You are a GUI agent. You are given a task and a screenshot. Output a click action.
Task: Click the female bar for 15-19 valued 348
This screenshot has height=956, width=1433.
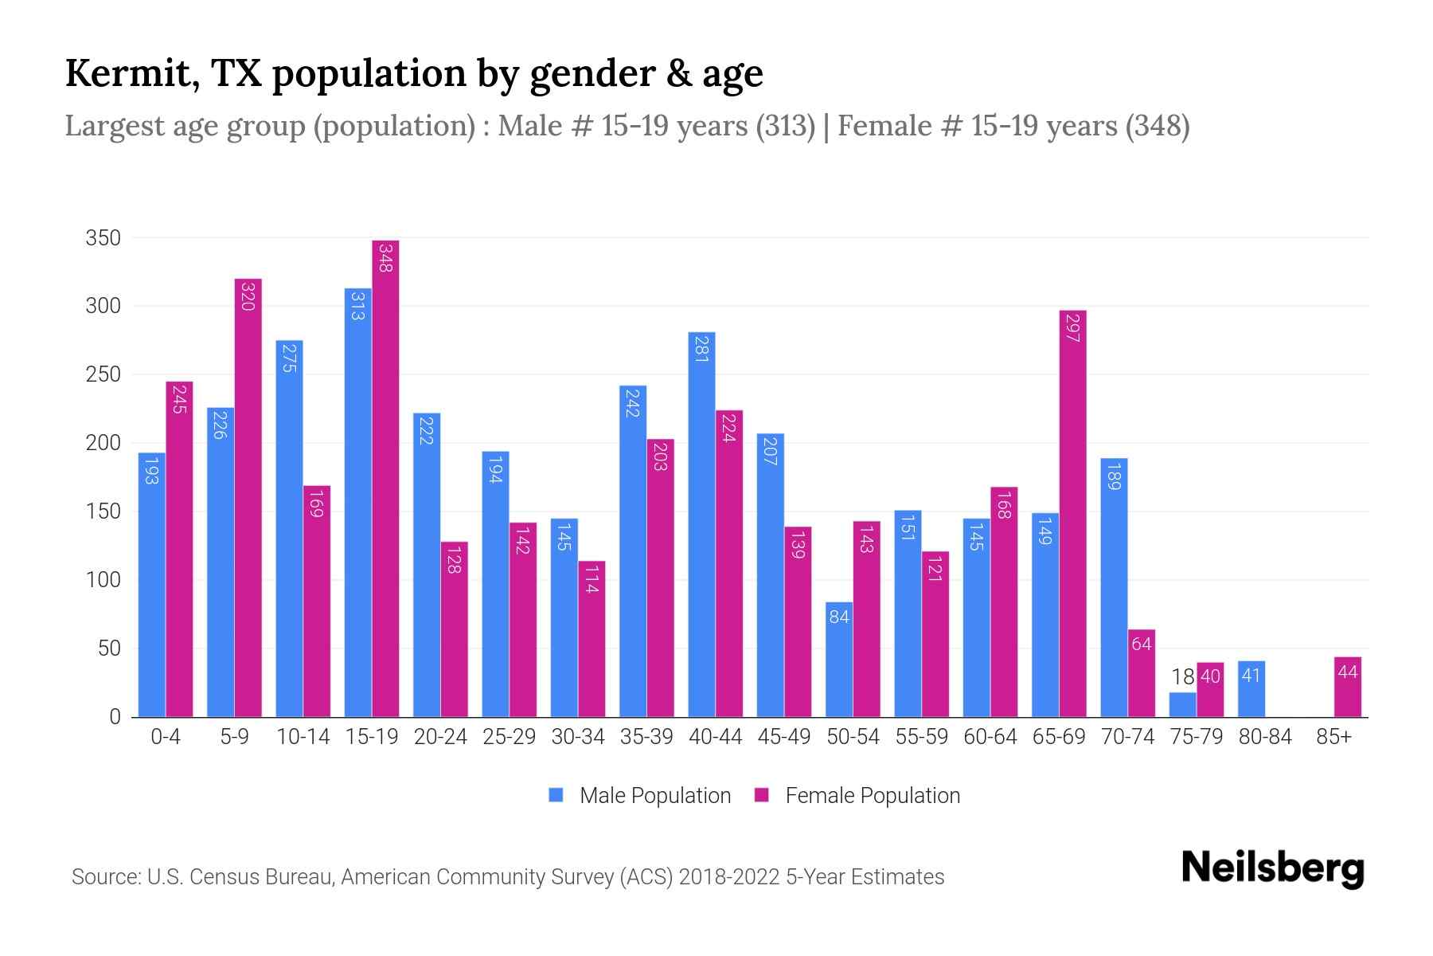(385, 478)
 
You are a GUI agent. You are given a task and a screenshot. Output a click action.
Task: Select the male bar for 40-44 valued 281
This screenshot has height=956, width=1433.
(701, 526)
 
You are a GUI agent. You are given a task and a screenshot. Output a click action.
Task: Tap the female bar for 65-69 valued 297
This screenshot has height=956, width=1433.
(1072, 514)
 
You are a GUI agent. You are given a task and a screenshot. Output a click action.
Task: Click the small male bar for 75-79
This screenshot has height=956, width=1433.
(1182, 704)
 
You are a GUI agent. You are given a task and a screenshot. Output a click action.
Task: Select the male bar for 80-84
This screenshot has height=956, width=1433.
(1251, 689)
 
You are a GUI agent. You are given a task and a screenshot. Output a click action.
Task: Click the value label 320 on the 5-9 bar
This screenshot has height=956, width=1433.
(248, 296)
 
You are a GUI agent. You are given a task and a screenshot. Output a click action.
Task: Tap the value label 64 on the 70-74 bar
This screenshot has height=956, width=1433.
(1142, 644)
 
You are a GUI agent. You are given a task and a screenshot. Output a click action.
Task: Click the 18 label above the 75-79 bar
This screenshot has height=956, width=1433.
(1182, 677)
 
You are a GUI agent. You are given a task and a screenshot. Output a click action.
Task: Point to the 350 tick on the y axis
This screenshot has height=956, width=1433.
(103, 238)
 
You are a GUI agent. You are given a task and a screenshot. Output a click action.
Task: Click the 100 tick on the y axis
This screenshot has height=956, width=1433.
(103, 580)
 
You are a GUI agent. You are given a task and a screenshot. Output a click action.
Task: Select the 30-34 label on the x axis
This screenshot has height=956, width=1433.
(578, 737)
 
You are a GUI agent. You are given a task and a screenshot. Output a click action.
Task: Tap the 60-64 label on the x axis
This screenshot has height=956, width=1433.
(990, 737)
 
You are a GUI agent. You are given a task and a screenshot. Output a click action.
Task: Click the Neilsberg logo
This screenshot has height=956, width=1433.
(1272, 868)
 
